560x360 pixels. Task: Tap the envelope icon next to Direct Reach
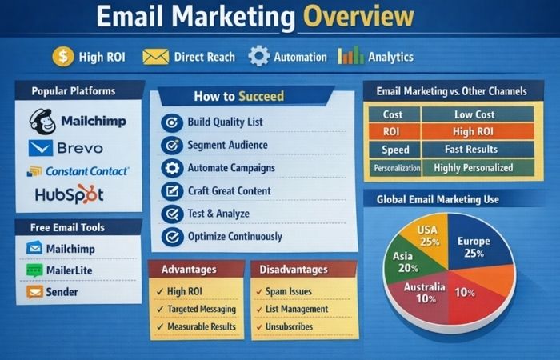(156, 56)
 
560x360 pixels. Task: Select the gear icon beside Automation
(259, 56)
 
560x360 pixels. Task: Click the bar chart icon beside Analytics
(350, 56)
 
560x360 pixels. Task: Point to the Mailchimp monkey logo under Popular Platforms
(42, 121)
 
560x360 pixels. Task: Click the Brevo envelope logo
(40, 148)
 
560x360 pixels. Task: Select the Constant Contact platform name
(87, 170)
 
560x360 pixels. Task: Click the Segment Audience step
(227, 145)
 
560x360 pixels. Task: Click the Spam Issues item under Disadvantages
(289, 292)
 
